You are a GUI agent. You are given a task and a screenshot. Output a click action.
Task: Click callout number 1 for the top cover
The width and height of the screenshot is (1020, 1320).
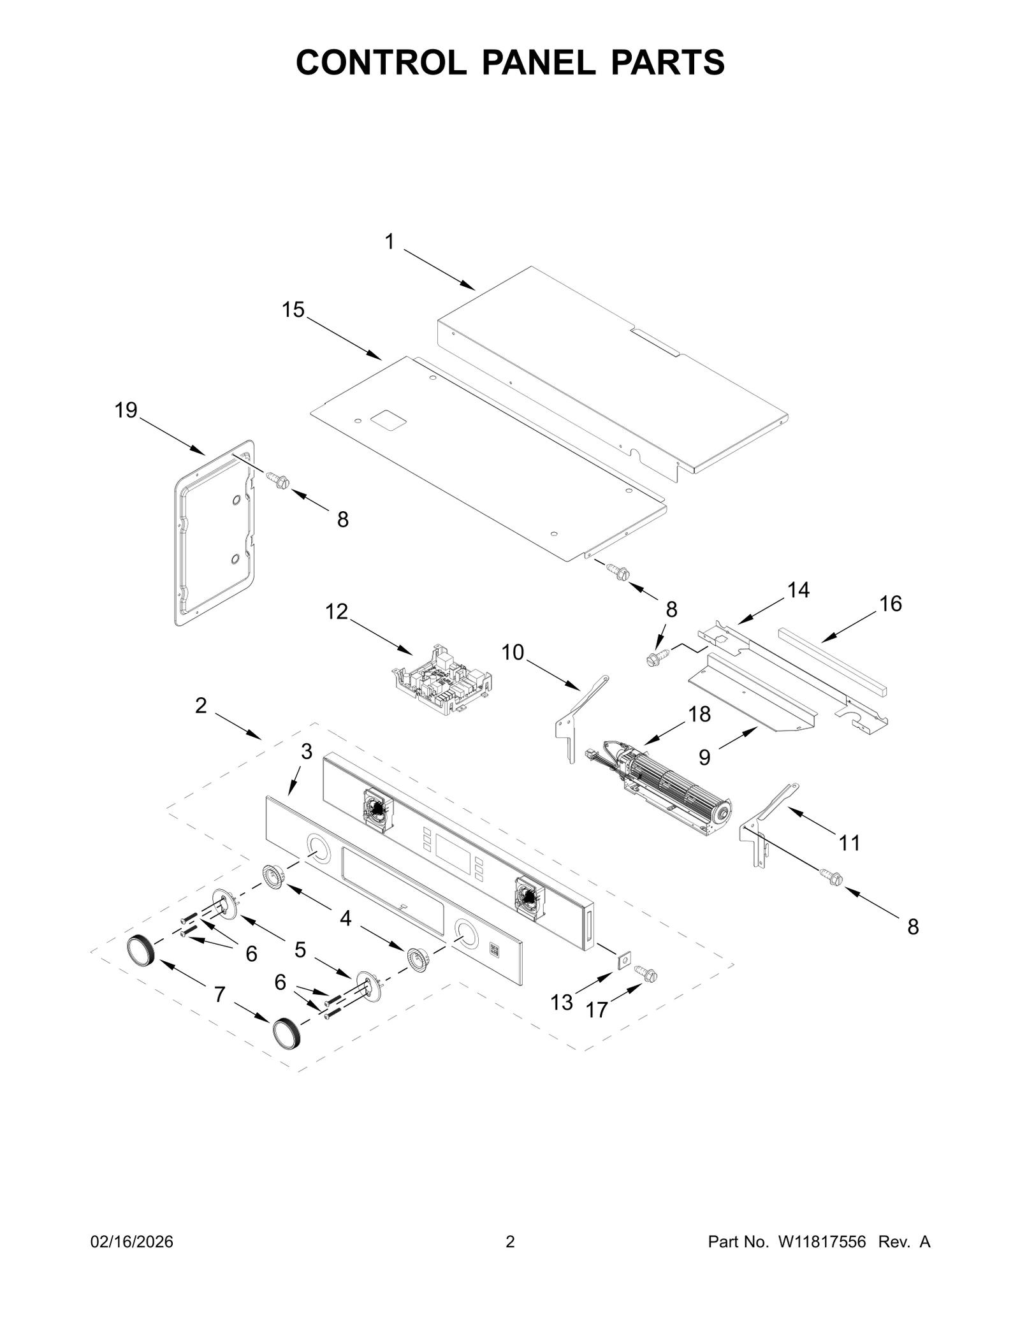[390, 242]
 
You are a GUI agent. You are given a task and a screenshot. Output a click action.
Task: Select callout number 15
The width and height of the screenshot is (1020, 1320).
[293, 310]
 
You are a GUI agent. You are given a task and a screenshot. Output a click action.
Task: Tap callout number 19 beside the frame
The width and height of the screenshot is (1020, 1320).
[126, 410]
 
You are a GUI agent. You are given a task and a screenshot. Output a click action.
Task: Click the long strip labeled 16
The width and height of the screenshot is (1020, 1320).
[832, 663]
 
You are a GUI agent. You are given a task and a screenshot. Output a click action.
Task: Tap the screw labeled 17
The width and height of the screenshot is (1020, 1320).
[646, 974]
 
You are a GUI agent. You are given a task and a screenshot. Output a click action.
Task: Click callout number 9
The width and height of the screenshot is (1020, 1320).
[704, 757]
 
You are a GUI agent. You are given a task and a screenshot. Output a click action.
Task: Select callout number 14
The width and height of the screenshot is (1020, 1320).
[798, 590]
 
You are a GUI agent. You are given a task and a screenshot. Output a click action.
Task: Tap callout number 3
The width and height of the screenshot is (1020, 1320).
[307, 752]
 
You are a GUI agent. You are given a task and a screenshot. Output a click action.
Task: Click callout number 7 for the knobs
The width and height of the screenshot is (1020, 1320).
[219, 994]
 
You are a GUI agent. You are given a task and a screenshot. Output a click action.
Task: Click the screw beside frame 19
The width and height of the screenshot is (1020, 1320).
[278, 479]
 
